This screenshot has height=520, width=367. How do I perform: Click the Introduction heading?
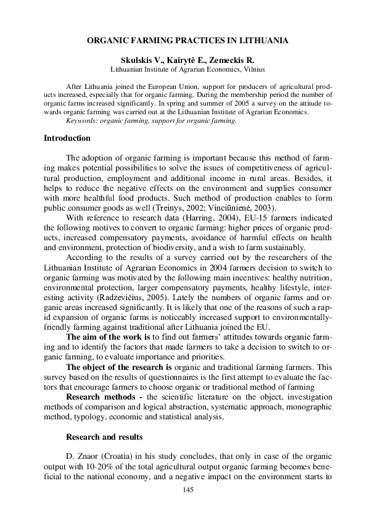67,138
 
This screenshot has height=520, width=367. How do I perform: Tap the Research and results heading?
104,437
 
